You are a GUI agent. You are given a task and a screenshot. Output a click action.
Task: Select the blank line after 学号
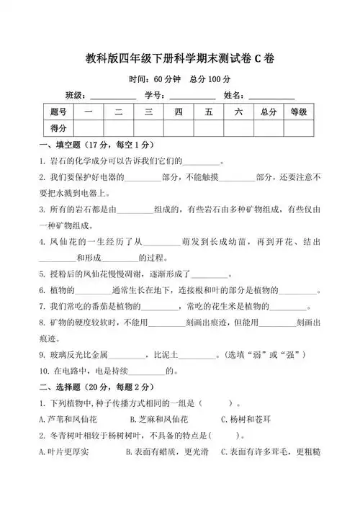click(192, 96)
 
